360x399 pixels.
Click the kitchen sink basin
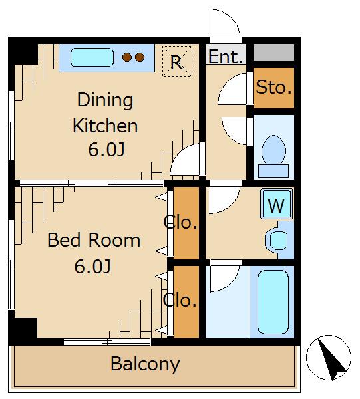point(92,57)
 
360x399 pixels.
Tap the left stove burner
point(127,57)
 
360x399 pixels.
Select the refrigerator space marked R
point(177,61)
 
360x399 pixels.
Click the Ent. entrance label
point(226,57)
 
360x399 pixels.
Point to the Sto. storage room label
point(273,87)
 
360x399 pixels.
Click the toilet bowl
point(273,150)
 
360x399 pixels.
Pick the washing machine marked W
point(277,204)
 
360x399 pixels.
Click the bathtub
point(273,302)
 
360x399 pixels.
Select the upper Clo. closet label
point(180,222)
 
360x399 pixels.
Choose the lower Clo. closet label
point(180,300)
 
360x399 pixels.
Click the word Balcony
point(145,364)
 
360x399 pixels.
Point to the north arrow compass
point(329,358)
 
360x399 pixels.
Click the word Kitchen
point(105,126)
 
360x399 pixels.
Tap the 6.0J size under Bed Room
point(92,267)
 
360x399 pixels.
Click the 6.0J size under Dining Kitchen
point(106,150)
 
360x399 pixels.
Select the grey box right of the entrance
point(273,52)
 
